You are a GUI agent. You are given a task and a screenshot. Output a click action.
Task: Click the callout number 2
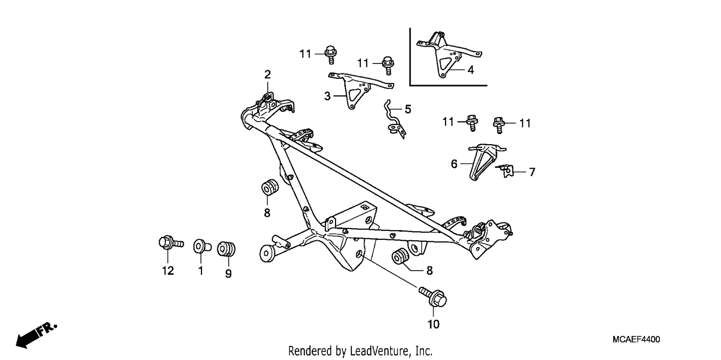pos(267,74)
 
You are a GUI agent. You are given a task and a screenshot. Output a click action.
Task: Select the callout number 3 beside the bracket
pos(327,96)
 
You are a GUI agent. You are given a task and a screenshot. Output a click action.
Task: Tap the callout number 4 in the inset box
pos(471,70)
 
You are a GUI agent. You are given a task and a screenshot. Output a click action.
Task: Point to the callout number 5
pos(408,110)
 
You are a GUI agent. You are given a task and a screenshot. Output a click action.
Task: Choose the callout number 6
pos(454,164)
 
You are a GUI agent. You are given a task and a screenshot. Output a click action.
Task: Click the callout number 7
pos(532,172)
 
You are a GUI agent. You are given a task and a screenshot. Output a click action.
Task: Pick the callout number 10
pos(433,324)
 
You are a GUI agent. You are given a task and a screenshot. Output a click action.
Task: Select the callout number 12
pos(168,271)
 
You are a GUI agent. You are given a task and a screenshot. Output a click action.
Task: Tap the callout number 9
pos(228,274)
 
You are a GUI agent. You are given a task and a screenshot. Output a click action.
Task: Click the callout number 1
pos(200,271)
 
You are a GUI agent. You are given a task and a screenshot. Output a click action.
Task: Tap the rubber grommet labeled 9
pos(226,249)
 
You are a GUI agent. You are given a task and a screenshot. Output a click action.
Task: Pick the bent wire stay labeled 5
pos(395,119)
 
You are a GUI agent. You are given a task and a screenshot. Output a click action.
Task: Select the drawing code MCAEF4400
pos(636,339)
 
